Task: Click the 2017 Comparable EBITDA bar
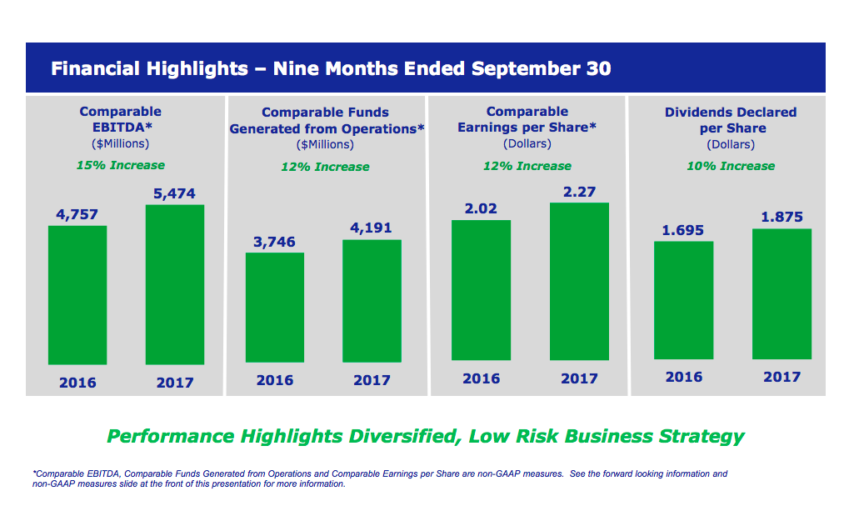click(174, 284)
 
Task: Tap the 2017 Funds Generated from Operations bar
click(372, 300)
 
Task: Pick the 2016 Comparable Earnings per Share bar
click(481, 289)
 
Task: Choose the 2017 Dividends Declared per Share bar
click(782, 293)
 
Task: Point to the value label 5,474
click(174, 193)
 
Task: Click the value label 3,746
click(275, 242)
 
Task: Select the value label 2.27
click(579, 192)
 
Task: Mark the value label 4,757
click(77, 214)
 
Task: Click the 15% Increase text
click(120, 165)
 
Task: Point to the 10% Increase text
click(730, 166)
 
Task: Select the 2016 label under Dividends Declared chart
click(683, 377)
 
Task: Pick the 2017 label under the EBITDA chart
click(174, 383)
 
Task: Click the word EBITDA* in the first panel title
click(121, 128)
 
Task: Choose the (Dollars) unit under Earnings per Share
click(527, 144)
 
